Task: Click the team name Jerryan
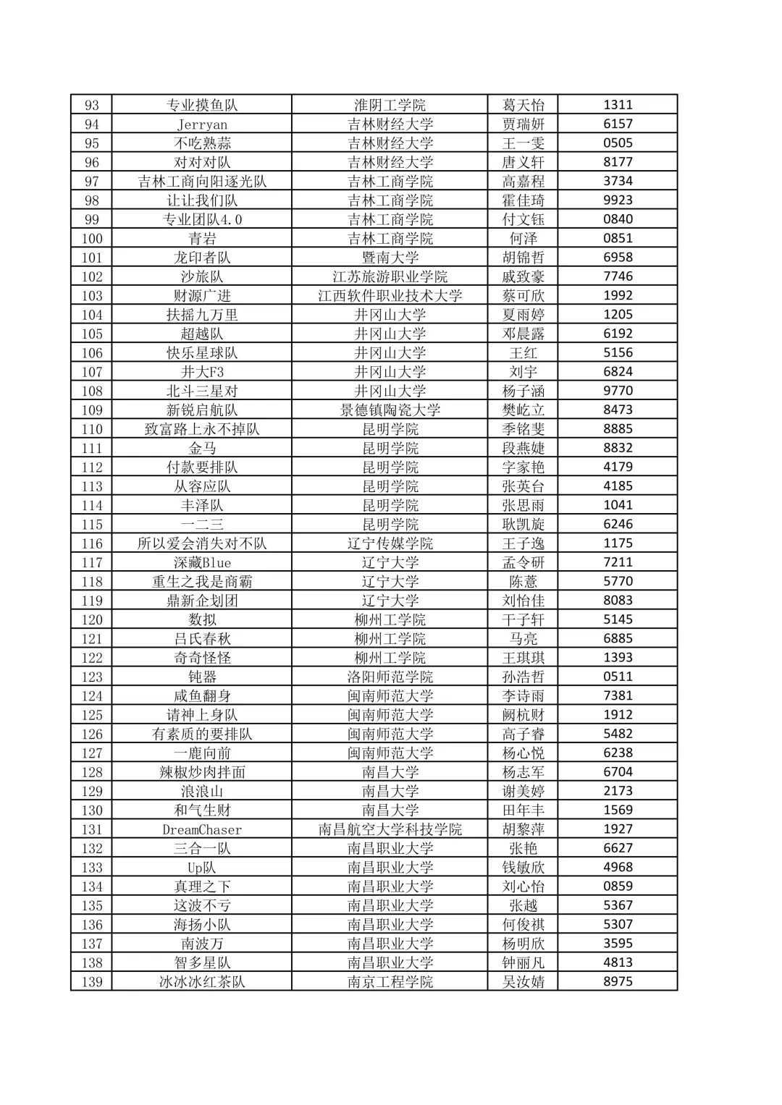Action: pos(202,124)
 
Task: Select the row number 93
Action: pos(92,105)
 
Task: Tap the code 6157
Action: pos(618,124)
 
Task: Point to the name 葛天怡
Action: pos(524,105)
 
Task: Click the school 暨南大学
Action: pos(390,258)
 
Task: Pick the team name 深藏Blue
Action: pos(202,562)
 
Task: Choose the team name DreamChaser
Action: pos(202,829)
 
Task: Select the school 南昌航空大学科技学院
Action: pos(390,829)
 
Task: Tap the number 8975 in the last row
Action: pos(618,981)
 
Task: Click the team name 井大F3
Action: pos(202,372)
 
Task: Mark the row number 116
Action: pos(92,543)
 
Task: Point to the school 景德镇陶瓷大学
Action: pos(390,410)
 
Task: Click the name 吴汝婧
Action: pos(524,982)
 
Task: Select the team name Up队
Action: pos(202,868)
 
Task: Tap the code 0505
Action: pos(618,143)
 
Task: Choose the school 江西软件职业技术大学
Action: pos(390,295)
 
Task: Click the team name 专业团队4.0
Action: pos(202,219)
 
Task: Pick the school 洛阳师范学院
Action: pos(390,677)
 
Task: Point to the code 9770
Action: pos(618,390)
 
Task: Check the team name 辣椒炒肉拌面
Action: pos(202,772)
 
